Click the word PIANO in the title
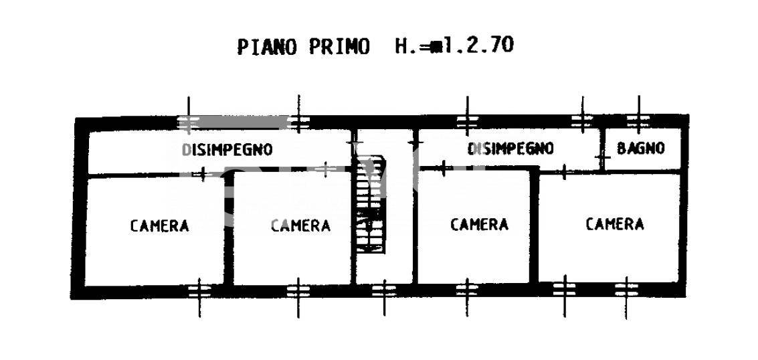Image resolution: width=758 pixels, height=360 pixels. [268, 47]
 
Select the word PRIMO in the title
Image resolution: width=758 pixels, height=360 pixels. [339, 47]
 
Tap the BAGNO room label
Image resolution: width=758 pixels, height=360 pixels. [640, 148]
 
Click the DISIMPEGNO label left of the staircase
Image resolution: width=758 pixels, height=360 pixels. [227, 149]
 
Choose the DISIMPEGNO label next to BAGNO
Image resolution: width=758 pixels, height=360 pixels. [510, 148]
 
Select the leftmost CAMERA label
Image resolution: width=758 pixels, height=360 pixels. [159, 226]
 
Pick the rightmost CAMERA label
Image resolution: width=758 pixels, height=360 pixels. [615, 223]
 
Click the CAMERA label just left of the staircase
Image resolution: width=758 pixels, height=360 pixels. [300, 226]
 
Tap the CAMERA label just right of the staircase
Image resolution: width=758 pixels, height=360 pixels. [479, 224]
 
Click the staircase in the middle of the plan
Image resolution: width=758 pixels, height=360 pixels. [371, 204]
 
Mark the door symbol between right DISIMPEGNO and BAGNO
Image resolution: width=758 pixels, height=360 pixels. [602, 157]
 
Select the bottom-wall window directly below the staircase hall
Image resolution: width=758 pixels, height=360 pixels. [384, 291]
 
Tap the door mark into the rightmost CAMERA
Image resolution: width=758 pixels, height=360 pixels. [564, 171]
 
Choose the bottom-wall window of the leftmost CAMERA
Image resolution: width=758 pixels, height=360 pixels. [199, 291]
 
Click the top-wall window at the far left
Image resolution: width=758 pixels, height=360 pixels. [189, 121]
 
